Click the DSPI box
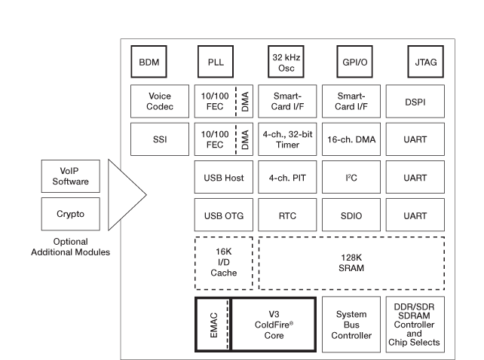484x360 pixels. [x=415, y=101]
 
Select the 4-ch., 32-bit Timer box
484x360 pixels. [x=286, y=139]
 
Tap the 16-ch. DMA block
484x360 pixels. [x=351, y=139]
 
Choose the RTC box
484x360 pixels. [x=286, y=217]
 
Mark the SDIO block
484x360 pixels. [x=351, y=217]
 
